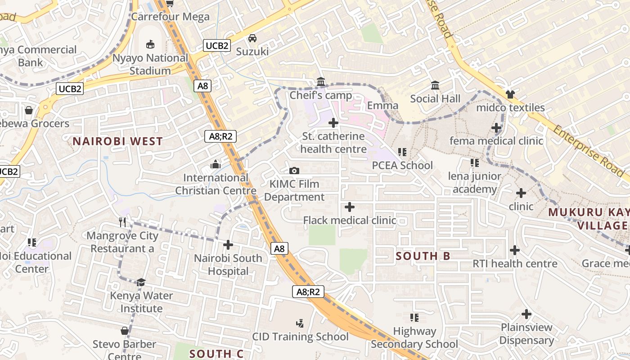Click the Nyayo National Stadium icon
(x=150, y=44)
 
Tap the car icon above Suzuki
(x=252, y=38)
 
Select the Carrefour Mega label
(x=171, y=17)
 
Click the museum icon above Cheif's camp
(x=321, y=81)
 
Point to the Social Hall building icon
(x=435, y=85)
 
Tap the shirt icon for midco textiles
(x=510, y=94)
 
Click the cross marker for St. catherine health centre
(x=333, y=122)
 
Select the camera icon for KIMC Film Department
(x=294, y=171)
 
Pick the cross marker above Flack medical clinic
(x=349, y=207)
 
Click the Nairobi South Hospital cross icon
(x=228, y=245)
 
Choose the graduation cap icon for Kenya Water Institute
(x=141, y=282)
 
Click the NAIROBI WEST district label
(x=117, y=141)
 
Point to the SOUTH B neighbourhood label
(x=423, y=256)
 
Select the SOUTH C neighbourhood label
(x=216, y=354)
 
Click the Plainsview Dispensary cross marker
(x=526, y=314)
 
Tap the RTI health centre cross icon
(x=515, y=250)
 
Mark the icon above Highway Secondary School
(x=414, y=318)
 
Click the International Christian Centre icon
(x=216, y=164)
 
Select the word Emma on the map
(x=383, y=106)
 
